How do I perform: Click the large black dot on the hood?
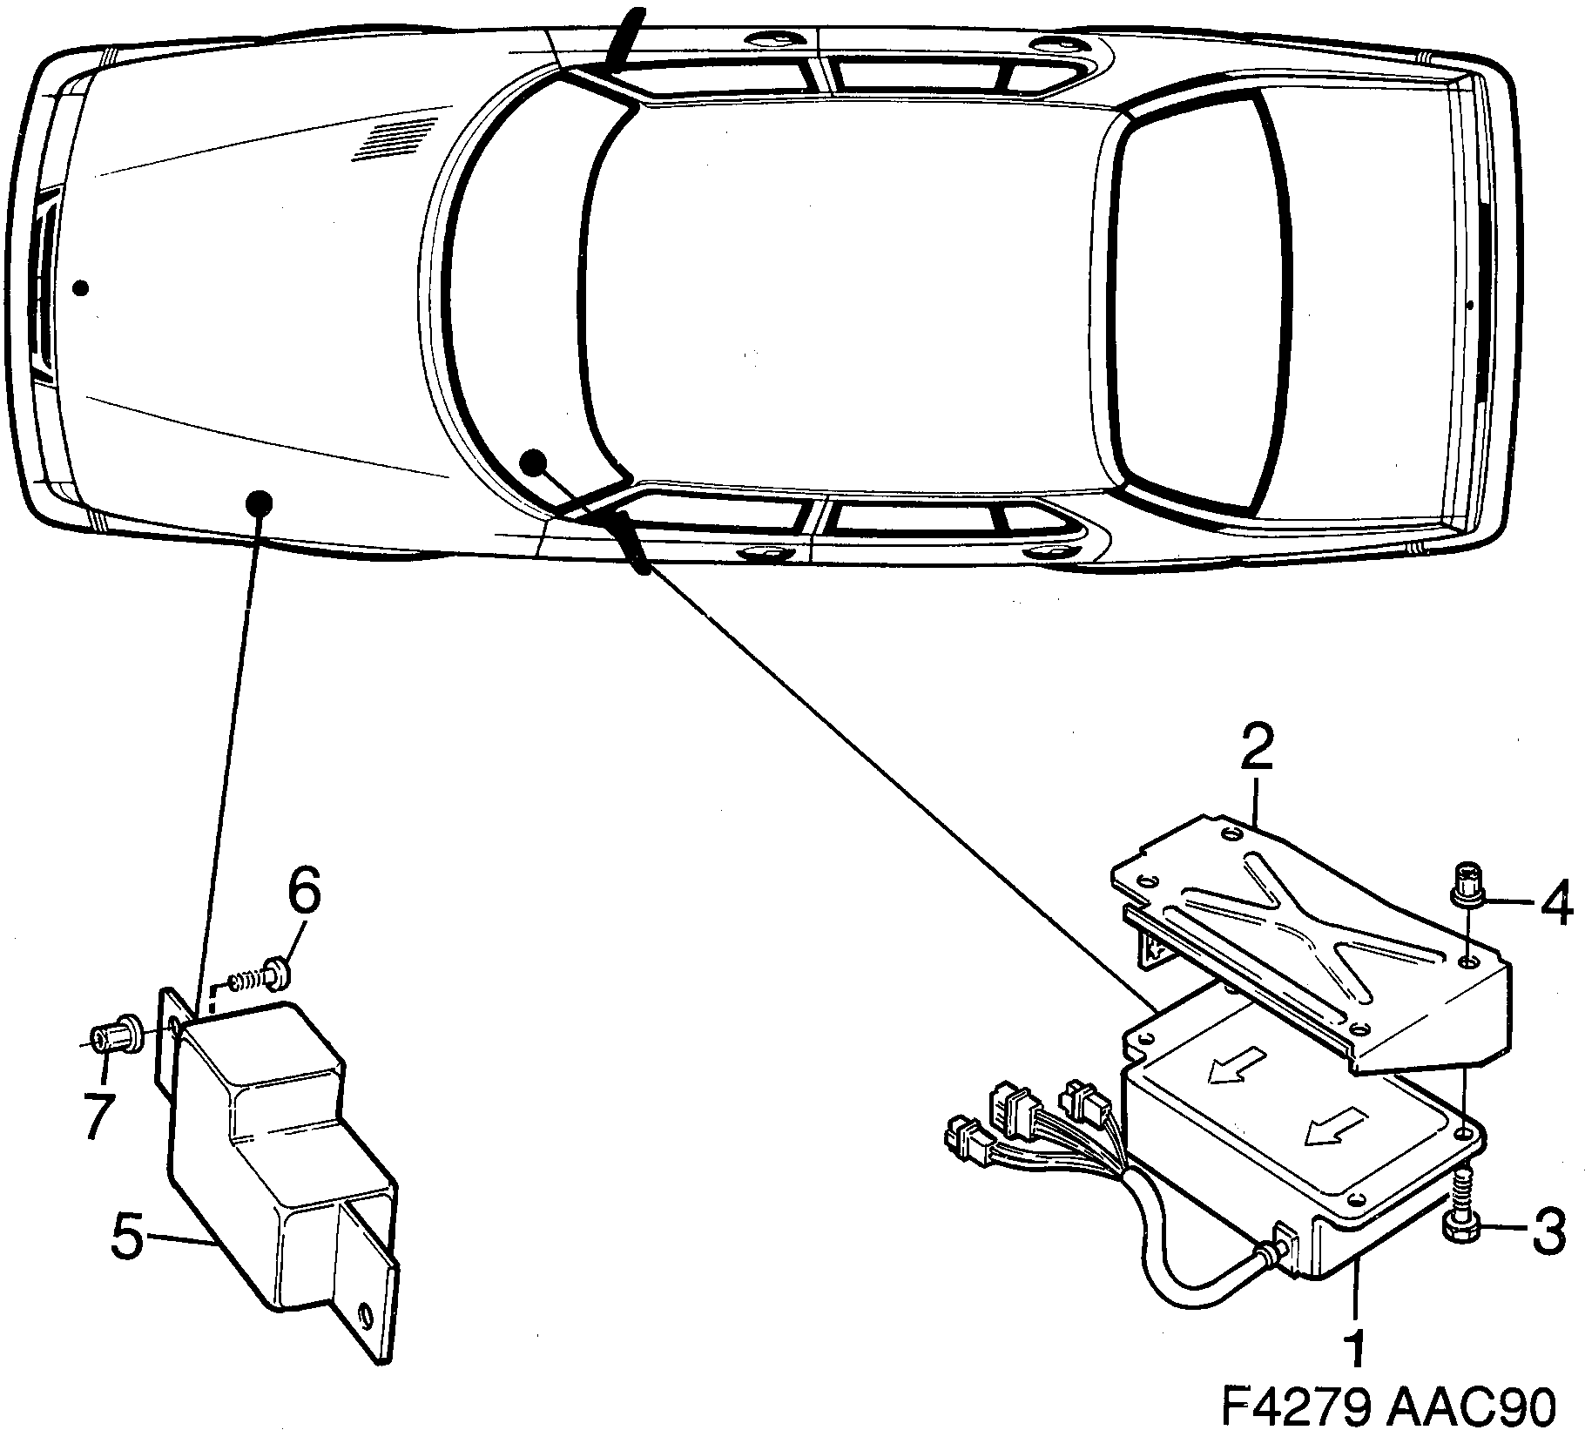pos(260,503)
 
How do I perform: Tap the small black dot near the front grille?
pos(81,287)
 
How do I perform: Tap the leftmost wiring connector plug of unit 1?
pos(965,1143)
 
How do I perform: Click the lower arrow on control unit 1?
pos(1333,1130)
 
